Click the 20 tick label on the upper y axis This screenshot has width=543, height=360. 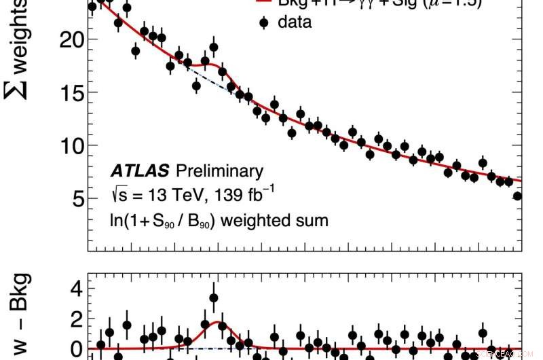[x=69, y=39]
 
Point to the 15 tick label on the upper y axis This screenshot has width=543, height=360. [x=69, y=92]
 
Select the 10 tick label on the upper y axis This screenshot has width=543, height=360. [x=69, y=145]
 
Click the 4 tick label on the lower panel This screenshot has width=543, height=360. [x=76, y=289]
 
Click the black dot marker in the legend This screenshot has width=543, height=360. [x=264, y=22]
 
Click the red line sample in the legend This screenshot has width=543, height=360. [x=264, y=2]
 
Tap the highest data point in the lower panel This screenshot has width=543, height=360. [x=214, y=298]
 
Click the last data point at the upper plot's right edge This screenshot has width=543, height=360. [x=517, y=196]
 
